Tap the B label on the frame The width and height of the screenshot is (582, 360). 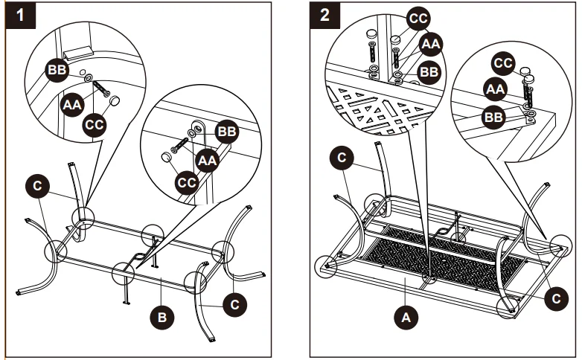[164, 318]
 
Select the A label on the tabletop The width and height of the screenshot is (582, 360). [406, 318]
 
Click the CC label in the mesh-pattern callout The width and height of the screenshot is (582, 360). [418, 16]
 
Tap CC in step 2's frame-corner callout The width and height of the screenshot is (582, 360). [504, 63]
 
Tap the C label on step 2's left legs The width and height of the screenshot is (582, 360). [341, 157]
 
